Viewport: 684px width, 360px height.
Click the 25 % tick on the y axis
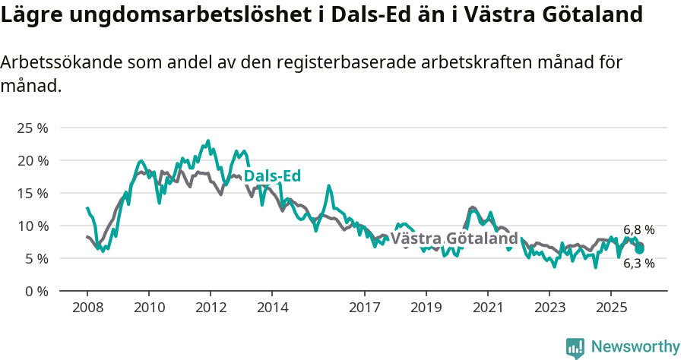(x=32, y=128)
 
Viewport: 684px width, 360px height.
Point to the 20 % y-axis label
(x=32, y=160)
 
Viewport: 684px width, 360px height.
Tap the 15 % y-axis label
(x=32, y=193)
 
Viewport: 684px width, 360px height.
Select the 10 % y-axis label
(x=32, y=226)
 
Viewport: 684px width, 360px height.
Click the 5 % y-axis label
(x=35, y=258)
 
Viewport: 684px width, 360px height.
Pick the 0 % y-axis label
(x=35, y=291)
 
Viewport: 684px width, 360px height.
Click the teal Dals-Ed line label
(x=272, y=176)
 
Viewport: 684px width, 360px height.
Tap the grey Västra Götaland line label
(x=454, y=238)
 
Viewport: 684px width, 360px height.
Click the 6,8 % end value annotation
(x=638, y=229)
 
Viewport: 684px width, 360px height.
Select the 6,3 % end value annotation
(x=638, y=264)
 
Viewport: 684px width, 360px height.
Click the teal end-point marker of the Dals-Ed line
(x=640, y=248)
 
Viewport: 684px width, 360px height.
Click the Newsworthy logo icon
(x=575, y=348)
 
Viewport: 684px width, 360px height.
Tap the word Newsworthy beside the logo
(x=635, y=347)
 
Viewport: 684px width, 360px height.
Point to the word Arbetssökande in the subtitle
(x=52, y=63)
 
